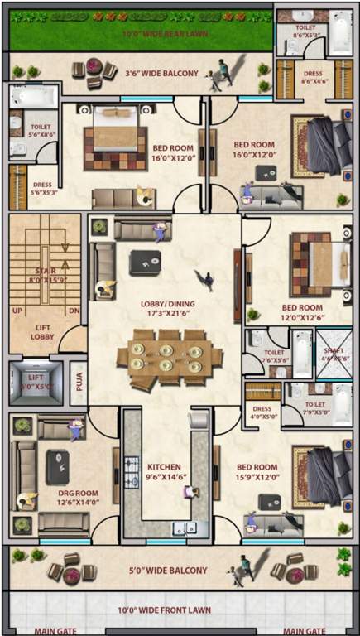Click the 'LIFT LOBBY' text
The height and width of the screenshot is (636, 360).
point(42,331)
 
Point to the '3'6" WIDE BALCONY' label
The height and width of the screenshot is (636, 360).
point(161,73)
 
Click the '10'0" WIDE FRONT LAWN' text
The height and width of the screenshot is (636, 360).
point(166,610)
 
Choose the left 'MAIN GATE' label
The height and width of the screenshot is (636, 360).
point(55,630)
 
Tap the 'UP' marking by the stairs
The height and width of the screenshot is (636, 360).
point(17,311)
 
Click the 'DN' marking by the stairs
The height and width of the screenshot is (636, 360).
point(73,311)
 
